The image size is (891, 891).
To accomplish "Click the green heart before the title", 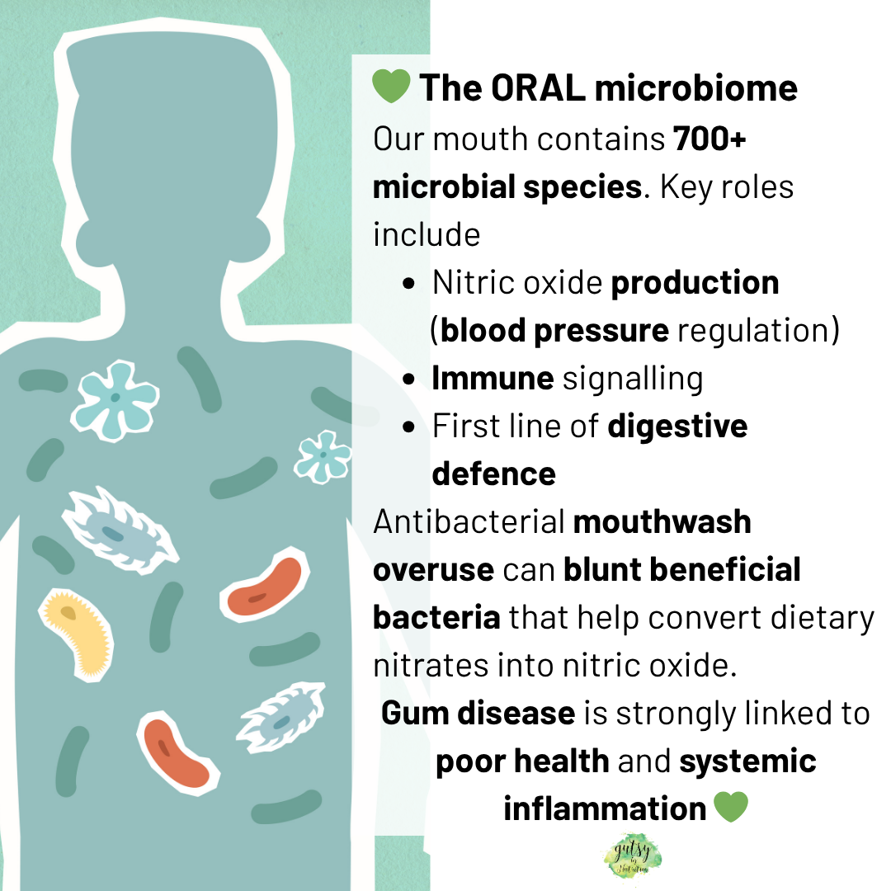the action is pos(391,87).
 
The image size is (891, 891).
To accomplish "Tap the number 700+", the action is pos(709,139).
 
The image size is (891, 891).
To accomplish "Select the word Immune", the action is pos(493,378).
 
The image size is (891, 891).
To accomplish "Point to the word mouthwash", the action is pos(662,521).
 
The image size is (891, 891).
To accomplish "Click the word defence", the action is pos(493,474).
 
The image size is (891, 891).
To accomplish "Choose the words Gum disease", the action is pos(478,713).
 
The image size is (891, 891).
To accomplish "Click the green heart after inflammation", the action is pos(729,808).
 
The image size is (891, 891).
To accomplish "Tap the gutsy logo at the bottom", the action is pos(632,857).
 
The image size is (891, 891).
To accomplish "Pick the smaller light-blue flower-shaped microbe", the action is pos(323,455).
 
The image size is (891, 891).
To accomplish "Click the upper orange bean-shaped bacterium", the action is pos(266,587).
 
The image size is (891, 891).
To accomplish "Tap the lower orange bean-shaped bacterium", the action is pos(176,752).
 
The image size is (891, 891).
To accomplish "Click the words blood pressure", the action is pos(554,330).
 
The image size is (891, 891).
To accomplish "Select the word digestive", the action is pos(677,426).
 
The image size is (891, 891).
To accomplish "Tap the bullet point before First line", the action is pos(409,427).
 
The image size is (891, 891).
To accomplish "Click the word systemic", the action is pos(747,761).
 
